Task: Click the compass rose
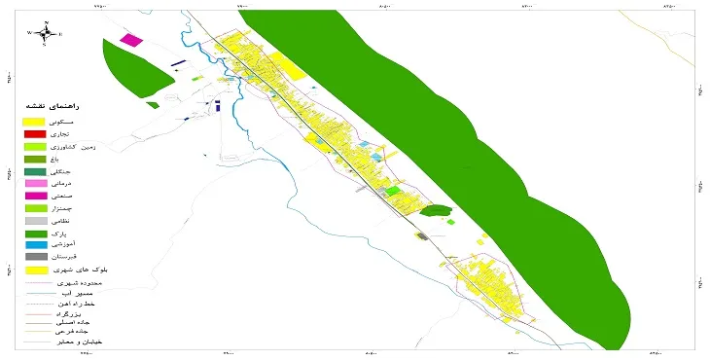pos(45,33)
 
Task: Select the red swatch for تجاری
pos(35,133)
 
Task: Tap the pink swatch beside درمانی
pos(35,183)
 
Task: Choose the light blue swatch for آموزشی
pos(35,244)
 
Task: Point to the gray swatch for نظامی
pos(35,220)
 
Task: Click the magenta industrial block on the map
pos(130,41)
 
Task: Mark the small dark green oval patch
pos(437,210)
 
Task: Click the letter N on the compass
pos(46,22)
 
